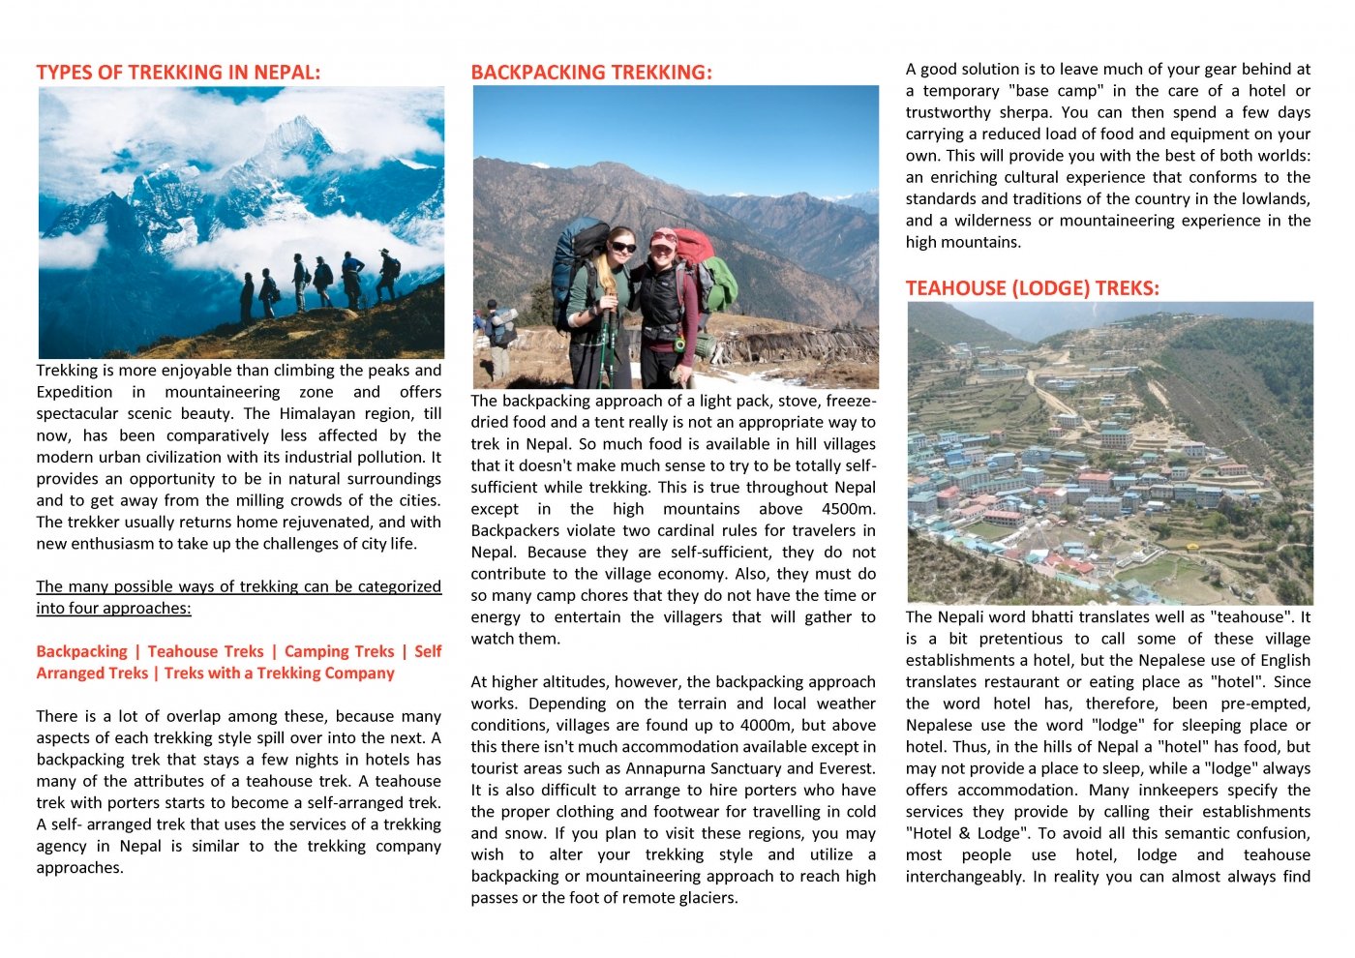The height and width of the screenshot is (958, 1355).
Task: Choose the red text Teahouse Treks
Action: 205,652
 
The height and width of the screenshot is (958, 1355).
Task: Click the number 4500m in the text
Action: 848,509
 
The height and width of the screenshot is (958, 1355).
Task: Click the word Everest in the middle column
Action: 846,768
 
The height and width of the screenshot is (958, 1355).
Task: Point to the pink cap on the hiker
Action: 664,235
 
